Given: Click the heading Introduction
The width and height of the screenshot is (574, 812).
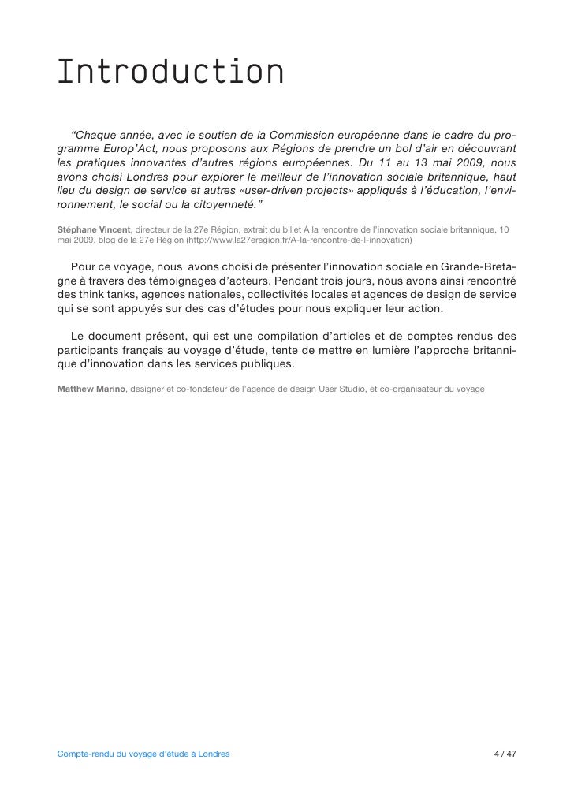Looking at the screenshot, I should click(x=170, y=73).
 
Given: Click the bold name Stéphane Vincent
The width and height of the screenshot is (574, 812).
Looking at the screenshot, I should click(x=93, y=229).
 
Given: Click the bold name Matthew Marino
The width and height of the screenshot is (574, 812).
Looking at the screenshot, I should click(x=91, y=389).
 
